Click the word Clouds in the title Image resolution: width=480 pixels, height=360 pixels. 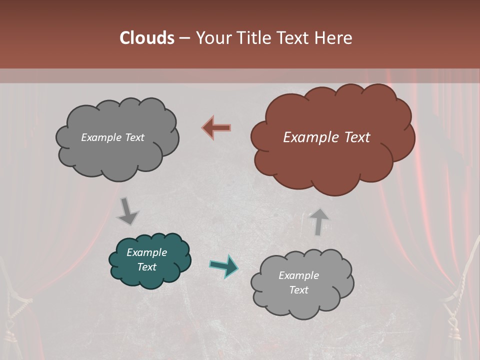(x=147, y=38)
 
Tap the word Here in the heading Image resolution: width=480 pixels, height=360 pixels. (x=334, y=38)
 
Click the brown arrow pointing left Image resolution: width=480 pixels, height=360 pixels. (x=216, y=127)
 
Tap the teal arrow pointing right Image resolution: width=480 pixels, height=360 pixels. (x=223, y=266)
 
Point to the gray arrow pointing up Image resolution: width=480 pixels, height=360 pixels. (x=318, y=221)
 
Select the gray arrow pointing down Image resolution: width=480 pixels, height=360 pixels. (x=128, y=211)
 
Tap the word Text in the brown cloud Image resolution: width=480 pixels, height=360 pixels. (x=356, y=137)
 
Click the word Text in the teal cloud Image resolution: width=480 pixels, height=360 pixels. (x=147, y=267)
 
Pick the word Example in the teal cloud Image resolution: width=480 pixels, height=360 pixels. (x=147, y=252)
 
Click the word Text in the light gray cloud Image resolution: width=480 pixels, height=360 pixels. (x=298, y=290)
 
